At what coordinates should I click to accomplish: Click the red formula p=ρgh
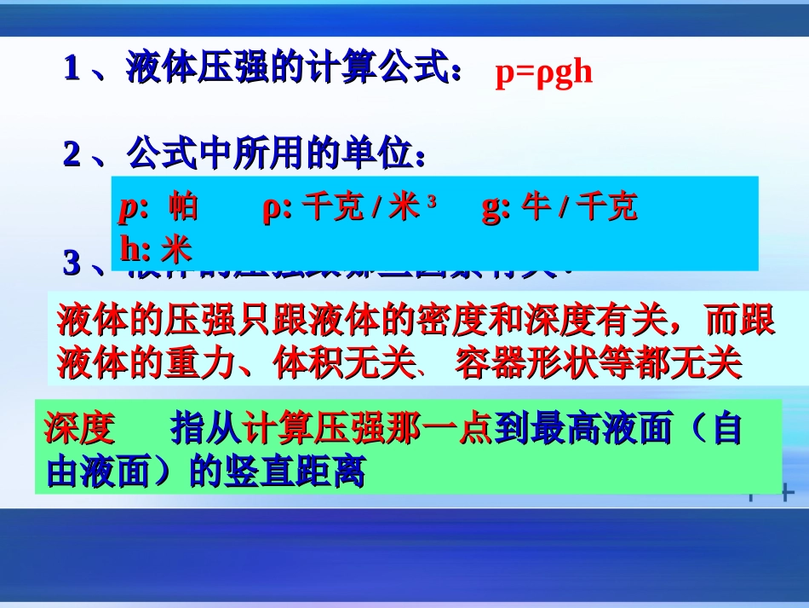coord(543,74)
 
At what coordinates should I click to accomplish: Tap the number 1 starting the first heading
coord(72,69)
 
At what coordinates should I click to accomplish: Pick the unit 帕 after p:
coord(183,207)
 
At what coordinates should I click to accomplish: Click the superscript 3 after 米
coord(431,202)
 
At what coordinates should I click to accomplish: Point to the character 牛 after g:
coord(536,207)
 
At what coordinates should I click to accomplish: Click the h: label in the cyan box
coord(135,249)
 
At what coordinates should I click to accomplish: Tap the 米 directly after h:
coord(177,249)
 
